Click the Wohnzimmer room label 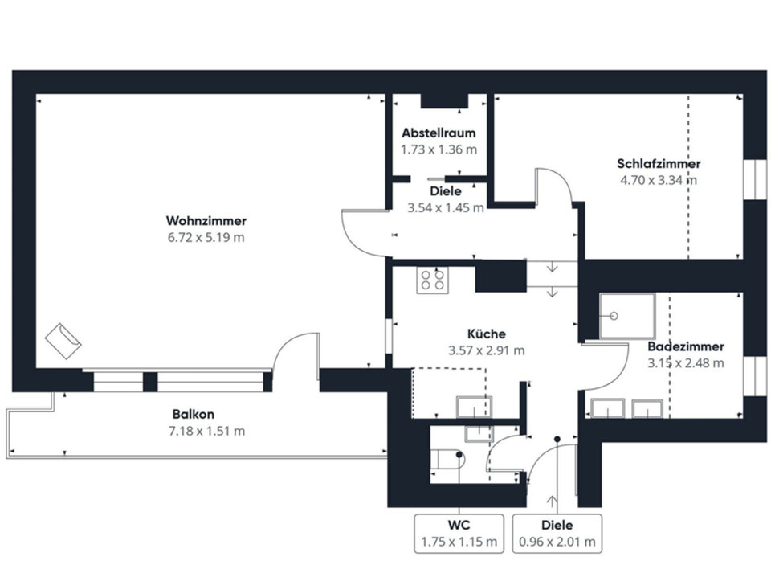[x=206, y=221]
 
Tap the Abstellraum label [x=439, y=133]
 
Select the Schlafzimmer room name [x=660, y=164]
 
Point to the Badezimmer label [x=686, y=347]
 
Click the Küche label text [x=486, y=334]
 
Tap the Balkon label [x=193, y=415]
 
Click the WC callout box [x=459, y=533]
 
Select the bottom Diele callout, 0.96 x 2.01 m [x=557, y=533]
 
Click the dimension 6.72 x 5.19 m [x=206, y=238]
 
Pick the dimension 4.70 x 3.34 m [x=659, y=180]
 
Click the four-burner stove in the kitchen [x=432, y=280]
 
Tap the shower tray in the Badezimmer [x=627, y=315]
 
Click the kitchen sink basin [x=473, y=407]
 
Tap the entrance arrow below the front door [x=556, y=502]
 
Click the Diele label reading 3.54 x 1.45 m [x=446, y=199]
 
